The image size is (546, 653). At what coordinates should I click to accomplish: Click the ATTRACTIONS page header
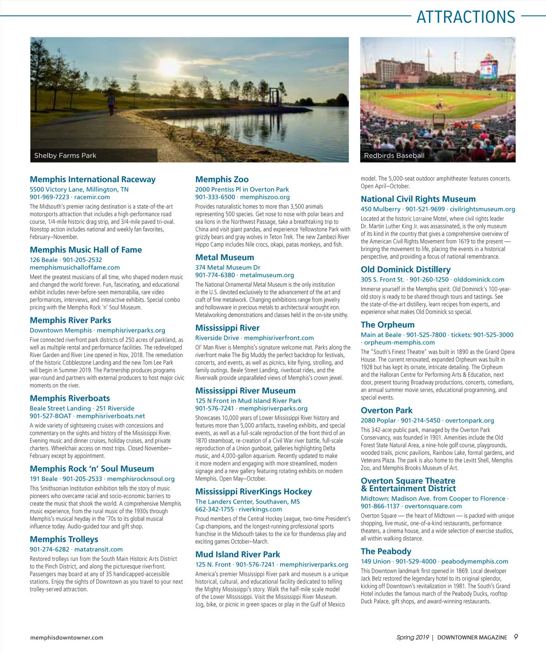click(x=465, y=17)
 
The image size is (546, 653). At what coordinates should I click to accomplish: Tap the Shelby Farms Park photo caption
click(x=65, y=155)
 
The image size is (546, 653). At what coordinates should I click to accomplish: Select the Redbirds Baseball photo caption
click(x=394, y=155)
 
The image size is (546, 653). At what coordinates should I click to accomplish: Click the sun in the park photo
click(x=169, y=67)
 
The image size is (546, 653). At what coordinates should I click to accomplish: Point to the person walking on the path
click(x=111, y=104)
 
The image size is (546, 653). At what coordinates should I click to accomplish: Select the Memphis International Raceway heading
click(x=92, y=180)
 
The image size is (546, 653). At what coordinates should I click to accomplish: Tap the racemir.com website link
click(x=92, y=197)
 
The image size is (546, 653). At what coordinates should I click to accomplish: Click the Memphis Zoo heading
click(x=222, y=180)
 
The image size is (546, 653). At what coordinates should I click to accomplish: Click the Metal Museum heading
click(x=225, y=257)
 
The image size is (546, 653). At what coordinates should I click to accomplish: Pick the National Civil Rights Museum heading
click(x=418, y=199)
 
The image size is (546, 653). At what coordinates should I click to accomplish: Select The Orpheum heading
click(x=388, y=325)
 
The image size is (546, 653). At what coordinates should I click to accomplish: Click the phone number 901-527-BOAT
click(x=51, y=416)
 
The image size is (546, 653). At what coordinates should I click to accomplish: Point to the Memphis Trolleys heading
click(x=64, y=540)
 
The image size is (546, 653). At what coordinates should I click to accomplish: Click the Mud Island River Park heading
click(x=238, y=555)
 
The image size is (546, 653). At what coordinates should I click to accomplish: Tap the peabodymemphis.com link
click(x=475, y=561)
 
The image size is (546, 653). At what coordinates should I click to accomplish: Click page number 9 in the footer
click(x=515, y=637)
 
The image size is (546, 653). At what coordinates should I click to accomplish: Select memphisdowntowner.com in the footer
click(x=66, y=638)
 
